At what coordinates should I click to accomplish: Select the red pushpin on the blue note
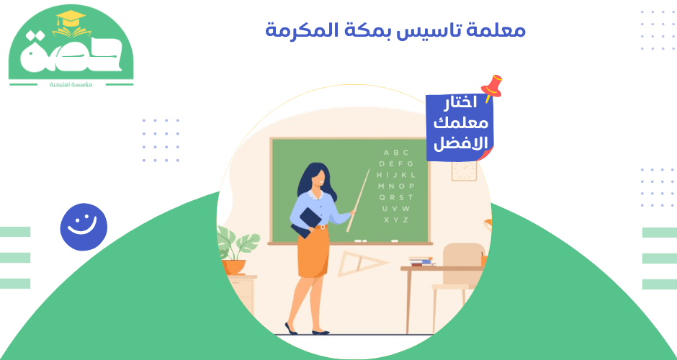pos(493,86)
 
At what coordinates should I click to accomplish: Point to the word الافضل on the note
pos(460,143)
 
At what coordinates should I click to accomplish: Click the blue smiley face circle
pos(84,227)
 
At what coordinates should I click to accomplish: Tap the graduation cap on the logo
pos(70,19)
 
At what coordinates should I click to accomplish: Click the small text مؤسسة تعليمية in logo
pos(70,84)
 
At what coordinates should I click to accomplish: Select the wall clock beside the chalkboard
pos(464,169)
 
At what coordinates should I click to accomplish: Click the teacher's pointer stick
pos(358,201)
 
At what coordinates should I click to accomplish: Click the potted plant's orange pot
pos(234,266)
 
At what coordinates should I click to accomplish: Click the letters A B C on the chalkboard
pos(396,153)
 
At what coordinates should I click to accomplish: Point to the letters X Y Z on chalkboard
pos(396,219)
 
